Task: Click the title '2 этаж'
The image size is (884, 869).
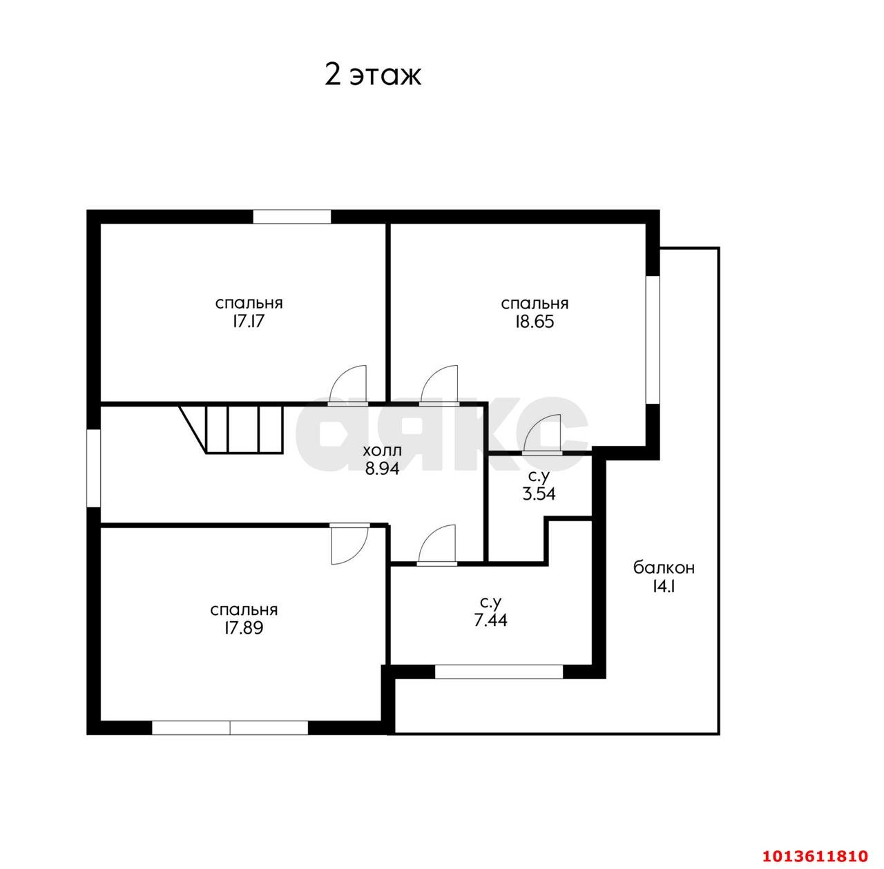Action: tap(372, 75)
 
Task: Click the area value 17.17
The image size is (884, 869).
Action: tap(248, 322)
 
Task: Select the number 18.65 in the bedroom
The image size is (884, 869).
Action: tap(535, 322)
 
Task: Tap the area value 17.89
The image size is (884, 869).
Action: tap(244, 628)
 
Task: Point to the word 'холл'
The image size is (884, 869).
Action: tap(382, 451)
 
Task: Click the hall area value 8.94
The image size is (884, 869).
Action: tap(382, 468)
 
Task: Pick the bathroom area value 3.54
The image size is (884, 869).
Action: tap(539, 494)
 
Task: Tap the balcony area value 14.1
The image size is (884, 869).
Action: tap(663, 586)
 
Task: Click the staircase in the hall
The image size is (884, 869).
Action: tap(231, 429)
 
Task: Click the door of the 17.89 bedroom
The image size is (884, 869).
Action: tap(349, 543)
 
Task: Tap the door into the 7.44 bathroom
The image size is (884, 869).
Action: tap(436, 545)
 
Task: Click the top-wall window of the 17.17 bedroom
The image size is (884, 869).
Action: tap(291, 217)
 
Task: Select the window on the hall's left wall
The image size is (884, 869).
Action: tap(94, 468)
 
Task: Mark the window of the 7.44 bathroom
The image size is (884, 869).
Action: tap(499, 672)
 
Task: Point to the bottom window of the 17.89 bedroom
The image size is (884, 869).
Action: tap(230, 728)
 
